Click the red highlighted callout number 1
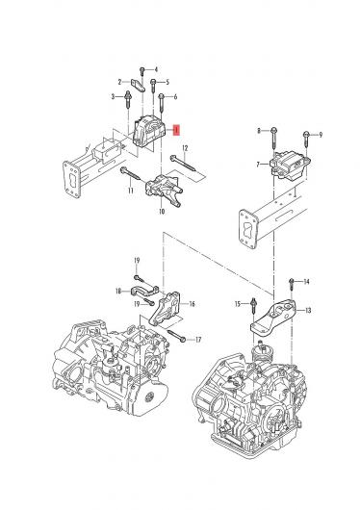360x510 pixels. [176, 130]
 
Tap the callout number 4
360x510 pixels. [156, 69]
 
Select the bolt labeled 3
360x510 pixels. [128, 99]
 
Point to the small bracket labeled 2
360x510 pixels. [138, 85]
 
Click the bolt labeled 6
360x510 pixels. [162, 103]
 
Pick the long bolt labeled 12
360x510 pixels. [183, 164]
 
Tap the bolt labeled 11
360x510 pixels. [130, 173]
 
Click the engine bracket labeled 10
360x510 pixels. [164, 190]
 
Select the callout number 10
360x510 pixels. [162, 212]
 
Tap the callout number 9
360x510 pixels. [321, 135]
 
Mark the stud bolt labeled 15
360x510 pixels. [253, 305]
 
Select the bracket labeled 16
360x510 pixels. [165, 308]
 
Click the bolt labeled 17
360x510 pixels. [177, 337]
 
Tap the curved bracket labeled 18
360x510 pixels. [144, 291]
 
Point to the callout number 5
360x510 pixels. [167, 82]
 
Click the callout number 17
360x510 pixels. [198, 340]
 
